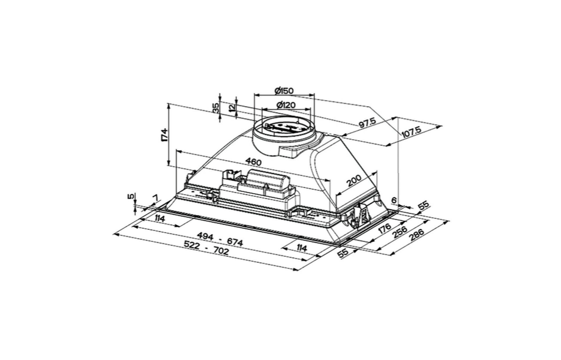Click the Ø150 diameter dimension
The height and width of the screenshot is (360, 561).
click(284, 91)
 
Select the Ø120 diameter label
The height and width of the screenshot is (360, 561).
click(286, 105)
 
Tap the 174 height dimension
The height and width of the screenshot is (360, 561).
click(164, 134)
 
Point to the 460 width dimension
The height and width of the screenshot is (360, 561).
click(254, 163)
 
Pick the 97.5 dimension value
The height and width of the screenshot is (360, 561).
click(367, 123)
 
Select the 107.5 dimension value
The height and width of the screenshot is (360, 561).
click(412, 132)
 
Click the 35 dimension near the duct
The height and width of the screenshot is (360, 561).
click(216, 108)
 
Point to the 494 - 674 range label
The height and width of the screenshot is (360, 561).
click(220, 240)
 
